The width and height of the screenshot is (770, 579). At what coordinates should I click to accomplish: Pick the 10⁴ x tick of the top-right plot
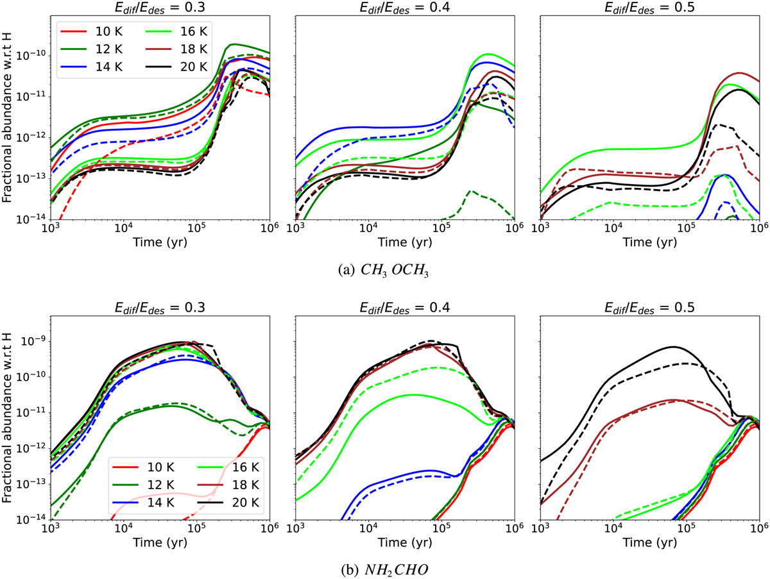(614, 229)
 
